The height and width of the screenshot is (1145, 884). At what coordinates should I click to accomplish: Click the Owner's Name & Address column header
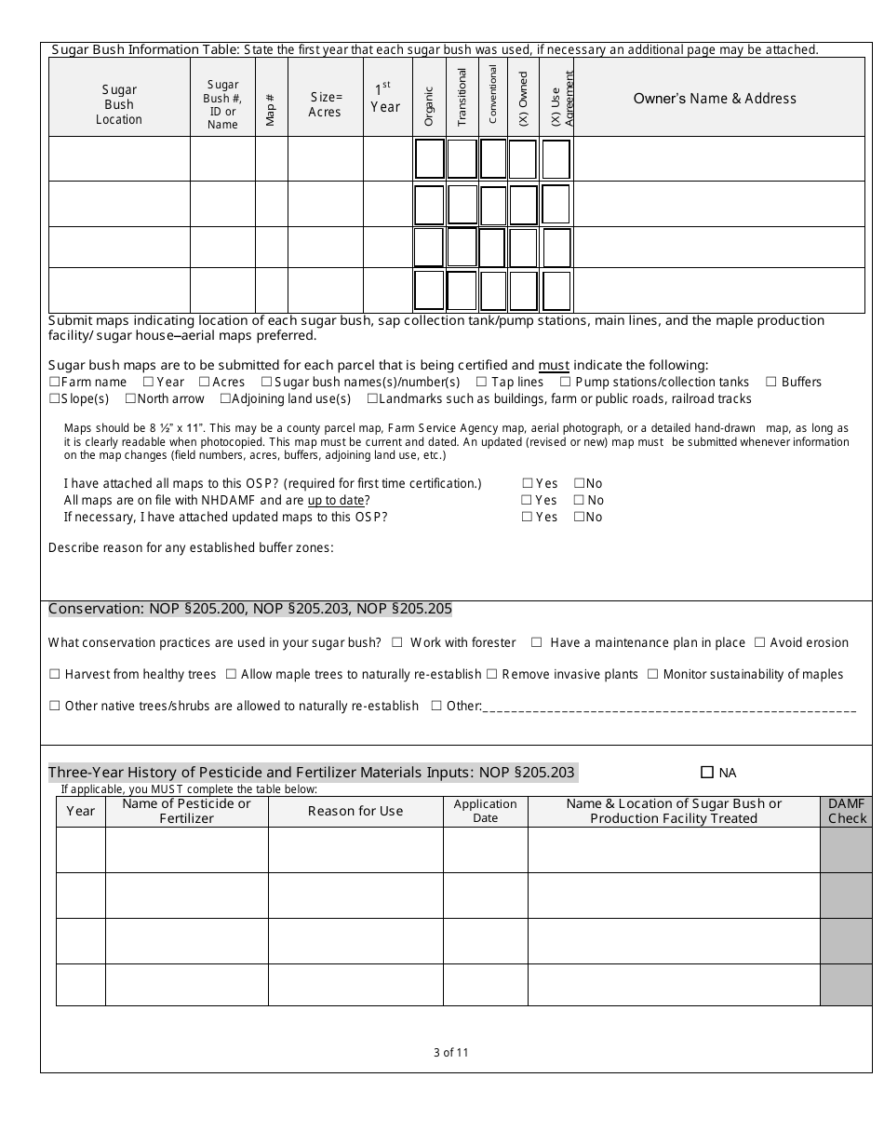click(x=715, y=98)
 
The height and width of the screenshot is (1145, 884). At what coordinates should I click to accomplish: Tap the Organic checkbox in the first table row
click(x=429, y=159)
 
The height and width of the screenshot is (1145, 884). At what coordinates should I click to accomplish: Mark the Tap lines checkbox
click(x=481, y=382)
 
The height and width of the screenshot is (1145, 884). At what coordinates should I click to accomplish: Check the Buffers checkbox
click(x=770, y=382)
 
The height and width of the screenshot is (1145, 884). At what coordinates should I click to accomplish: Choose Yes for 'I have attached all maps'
click(x=527, y=483)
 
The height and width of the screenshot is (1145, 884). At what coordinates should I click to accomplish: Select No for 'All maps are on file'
click(x=579, y=500)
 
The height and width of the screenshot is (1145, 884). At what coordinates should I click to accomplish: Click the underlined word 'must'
click(x=554, y=365)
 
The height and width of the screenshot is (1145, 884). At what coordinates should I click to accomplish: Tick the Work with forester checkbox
click(x=397, y=642)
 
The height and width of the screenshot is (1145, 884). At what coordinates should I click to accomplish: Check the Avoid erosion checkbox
click(x=759, y=642)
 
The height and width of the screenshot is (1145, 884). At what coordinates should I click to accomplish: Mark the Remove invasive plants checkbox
click(x=492, y=674)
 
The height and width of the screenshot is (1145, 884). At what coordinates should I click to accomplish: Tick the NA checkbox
click(x=706, y=772)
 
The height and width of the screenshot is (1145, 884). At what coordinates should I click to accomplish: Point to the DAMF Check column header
click(x=847, y=811)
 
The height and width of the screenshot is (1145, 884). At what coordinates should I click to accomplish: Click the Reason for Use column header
click(x=355, y=811)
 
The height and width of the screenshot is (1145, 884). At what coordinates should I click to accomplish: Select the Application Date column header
click(x=485, y=811)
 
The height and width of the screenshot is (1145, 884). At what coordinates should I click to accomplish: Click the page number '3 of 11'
click(x=451, y=1053)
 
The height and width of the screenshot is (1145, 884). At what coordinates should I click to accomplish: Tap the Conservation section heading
click(x=250, y=609)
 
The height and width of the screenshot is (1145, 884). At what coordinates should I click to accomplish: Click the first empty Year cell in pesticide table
click(x=81, y=850)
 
